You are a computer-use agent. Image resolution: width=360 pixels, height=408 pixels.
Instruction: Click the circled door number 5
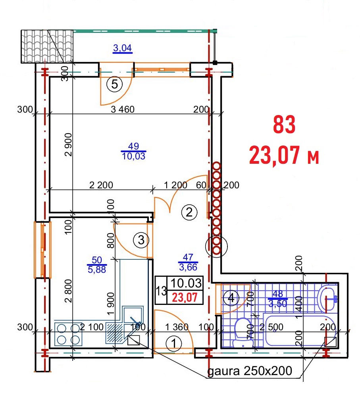115,84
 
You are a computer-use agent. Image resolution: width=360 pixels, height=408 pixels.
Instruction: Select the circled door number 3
141,240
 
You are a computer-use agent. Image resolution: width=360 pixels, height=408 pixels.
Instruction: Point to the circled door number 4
231,298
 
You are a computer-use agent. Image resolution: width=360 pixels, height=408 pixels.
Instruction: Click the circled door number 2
189,213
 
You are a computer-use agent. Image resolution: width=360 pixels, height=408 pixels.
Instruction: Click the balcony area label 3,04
122,48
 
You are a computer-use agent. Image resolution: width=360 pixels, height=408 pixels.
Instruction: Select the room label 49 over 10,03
134,151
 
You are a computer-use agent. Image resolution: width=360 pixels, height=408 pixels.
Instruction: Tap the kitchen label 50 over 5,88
97,264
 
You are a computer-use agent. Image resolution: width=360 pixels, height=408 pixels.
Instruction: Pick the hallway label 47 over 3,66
188,262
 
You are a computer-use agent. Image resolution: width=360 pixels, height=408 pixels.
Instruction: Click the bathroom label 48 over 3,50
278,299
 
